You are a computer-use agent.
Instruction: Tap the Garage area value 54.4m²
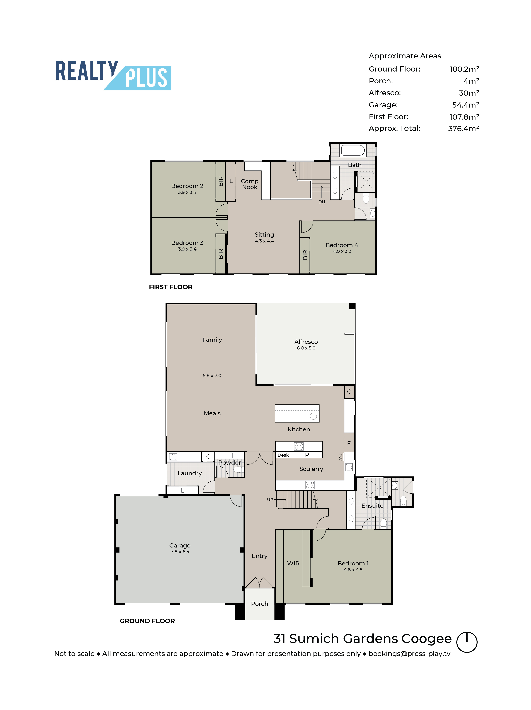465,105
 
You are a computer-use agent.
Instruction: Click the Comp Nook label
249,184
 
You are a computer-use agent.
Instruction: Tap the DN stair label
321,202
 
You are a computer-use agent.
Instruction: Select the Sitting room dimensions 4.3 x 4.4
264,241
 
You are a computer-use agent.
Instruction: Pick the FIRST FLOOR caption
171,287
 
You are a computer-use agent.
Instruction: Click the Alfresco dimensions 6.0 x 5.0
306,348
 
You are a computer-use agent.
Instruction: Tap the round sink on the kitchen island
313,416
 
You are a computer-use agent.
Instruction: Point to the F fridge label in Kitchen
349,443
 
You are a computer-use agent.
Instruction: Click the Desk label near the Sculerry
283,455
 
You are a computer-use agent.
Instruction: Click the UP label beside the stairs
270,499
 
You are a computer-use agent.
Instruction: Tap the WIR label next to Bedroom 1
293,563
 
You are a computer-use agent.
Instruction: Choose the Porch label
259,603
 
